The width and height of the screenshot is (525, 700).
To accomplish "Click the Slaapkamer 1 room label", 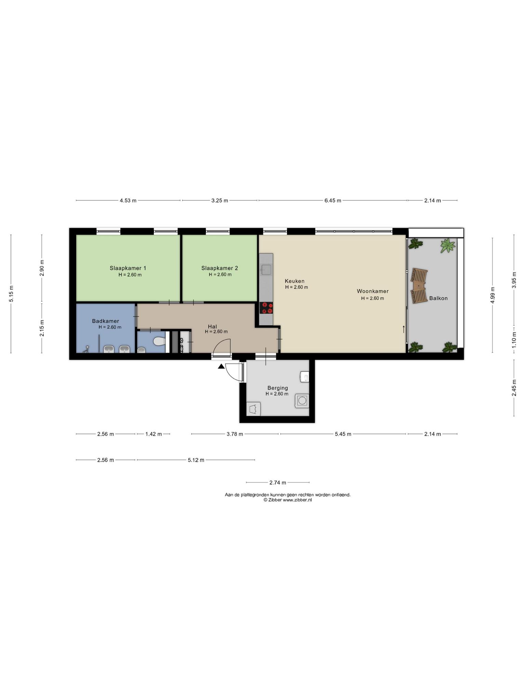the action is pos(128,268).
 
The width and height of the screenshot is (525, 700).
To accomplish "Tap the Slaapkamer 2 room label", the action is pos(219,268).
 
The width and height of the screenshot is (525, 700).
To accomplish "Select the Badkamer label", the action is pos(106,321).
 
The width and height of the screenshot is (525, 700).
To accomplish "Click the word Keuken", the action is pos(295,281).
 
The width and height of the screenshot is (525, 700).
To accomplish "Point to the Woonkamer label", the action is pos(373,291).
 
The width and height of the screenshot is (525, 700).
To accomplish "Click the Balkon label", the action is pos(438,298).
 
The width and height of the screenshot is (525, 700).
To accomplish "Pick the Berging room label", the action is pos(278,388).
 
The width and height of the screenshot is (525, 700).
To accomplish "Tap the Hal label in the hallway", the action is pos(212,326).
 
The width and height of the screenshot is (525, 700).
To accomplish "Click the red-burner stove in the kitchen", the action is pos(266,308).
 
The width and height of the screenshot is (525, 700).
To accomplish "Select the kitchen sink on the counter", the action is pos(266,270).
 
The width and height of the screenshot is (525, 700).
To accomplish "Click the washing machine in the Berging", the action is pos(302,401).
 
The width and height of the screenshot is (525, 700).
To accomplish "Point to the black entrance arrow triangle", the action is pos(221,367).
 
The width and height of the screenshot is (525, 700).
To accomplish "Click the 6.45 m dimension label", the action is pos(333,201).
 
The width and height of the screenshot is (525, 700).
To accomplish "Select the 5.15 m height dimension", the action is pos(11,294).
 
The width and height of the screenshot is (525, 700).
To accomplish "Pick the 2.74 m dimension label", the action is pos(278,483).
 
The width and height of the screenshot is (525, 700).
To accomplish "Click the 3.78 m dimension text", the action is pos(235,434).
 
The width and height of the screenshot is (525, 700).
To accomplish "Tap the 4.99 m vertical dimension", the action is pos(492,295).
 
